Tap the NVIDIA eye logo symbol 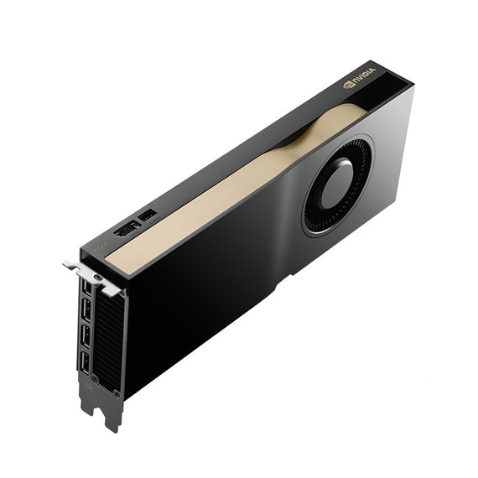(x=350, y=84)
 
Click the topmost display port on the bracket (x=87, y=288)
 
